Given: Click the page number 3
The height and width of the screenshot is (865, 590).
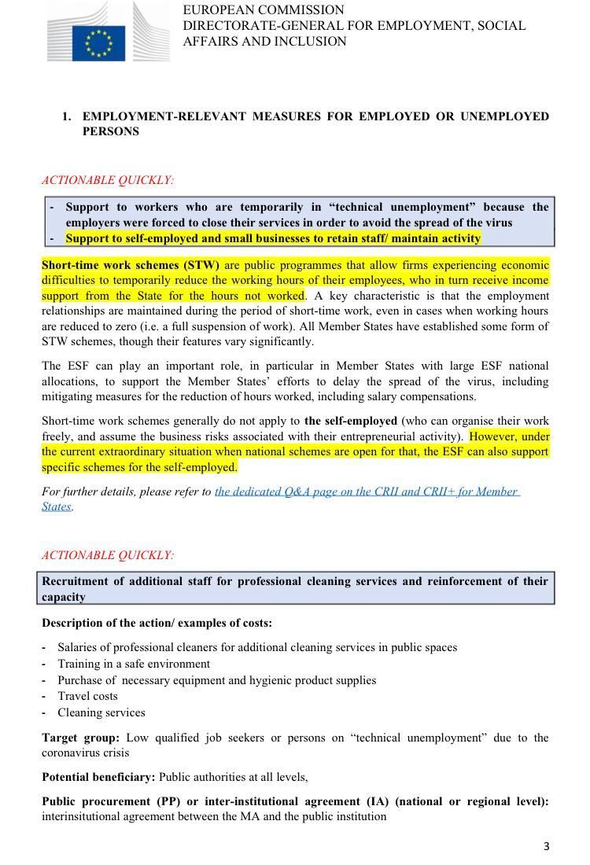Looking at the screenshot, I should click(546, 846).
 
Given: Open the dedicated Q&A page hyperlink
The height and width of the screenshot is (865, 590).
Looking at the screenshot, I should click(367, 491).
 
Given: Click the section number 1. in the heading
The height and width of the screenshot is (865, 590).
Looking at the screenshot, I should click(68, 116).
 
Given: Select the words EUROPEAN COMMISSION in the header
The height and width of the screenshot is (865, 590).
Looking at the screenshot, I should click(264, 10).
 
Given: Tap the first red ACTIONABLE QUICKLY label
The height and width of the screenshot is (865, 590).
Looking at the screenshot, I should click(108, 180).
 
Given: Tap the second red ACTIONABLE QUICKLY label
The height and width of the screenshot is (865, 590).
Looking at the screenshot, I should click(108, 555).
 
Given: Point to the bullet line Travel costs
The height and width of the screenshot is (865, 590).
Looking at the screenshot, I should click(87, 696).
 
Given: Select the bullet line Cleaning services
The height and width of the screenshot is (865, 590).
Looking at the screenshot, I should click(101, 712).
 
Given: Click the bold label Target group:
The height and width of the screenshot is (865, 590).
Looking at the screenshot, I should click(80, 738).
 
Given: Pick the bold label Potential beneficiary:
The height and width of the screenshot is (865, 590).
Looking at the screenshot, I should click(98, 777).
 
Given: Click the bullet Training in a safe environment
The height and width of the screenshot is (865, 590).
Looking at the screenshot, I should click(134, 664).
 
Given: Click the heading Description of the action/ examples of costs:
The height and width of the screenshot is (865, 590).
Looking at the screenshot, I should click(157, 623).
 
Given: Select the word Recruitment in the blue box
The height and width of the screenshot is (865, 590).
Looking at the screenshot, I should click(75, 582).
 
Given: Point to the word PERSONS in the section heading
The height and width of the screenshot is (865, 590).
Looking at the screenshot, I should click(111, 131).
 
